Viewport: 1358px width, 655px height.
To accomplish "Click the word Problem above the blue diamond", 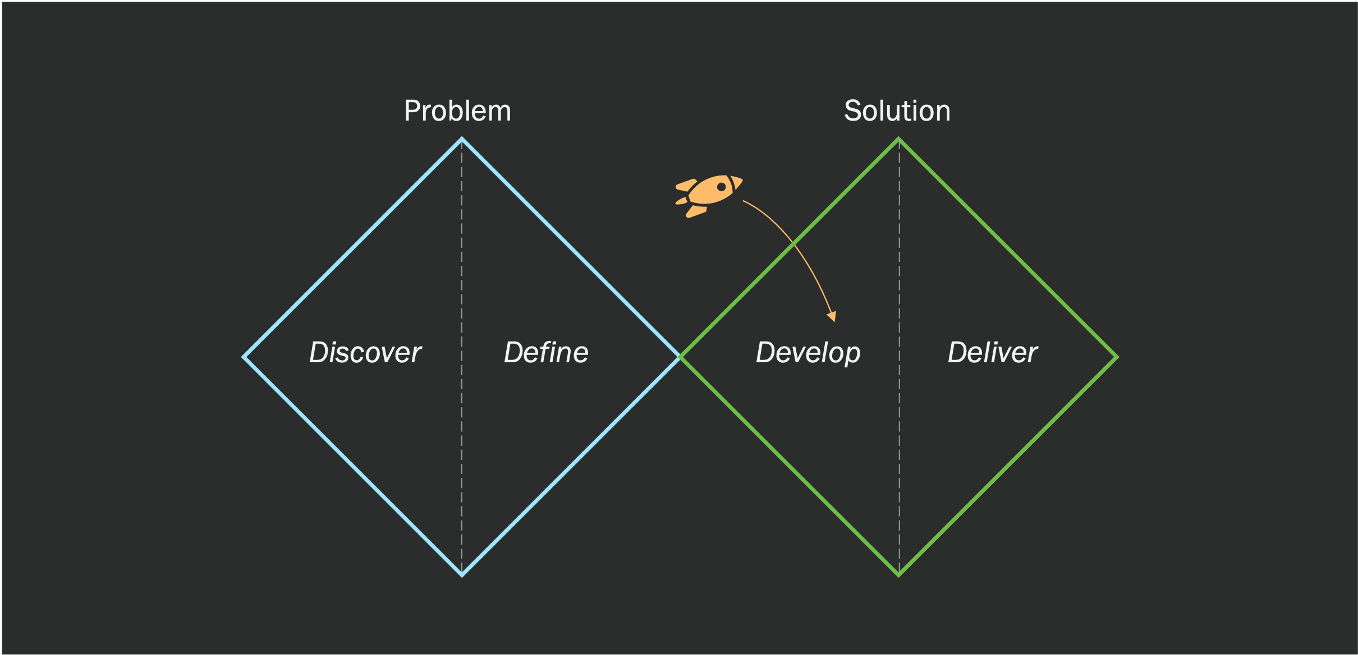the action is [x=457, y=111].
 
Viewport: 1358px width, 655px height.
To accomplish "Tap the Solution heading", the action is [x=897, y=111].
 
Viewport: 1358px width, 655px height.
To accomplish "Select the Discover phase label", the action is [x=365, y=353].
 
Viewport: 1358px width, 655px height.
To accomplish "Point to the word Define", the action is [x=546, y=353].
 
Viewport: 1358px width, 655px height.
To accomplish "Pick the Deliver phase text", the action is [x=993, y=353].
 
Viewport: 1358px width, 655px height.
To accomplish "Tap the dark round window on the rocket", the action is [x=722, y=187].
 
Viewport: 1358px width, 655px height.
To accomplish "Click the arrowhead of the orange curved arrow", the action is [x=833, y=317].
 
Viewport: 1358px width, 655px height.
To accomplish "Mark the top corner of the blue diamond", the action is [x=462, y=139].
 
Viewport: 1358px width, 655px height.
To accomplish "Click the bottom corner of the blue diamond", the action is [x=462, y=575].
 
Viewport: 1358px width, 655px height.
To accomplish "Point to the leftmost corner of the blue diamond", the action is [x=244, y=357].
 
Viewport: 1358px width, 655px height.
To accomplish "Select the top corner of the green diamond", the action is [x=899, y=139].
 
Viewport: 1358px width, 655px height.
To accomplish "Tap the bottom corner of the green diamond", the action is [x=899, y=575].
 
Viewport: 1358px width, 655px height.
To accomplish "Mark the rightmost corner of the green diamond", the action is [x=1117, y=357].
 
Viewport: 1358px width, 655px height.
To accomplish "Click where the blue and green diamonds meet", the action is [x=680, y=357].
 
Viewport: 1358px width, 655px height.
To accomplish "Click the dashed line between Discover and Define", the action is [x=462, y=357].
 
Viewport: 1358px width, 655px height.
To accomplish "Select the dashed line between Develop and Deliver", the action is [x=899, y=357].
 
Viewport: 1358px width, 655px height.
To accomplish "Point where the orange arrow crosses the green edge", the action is [x=793, y=244].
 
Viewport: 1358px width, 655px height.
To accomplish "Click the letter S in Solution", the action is [x=853, y=111].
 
